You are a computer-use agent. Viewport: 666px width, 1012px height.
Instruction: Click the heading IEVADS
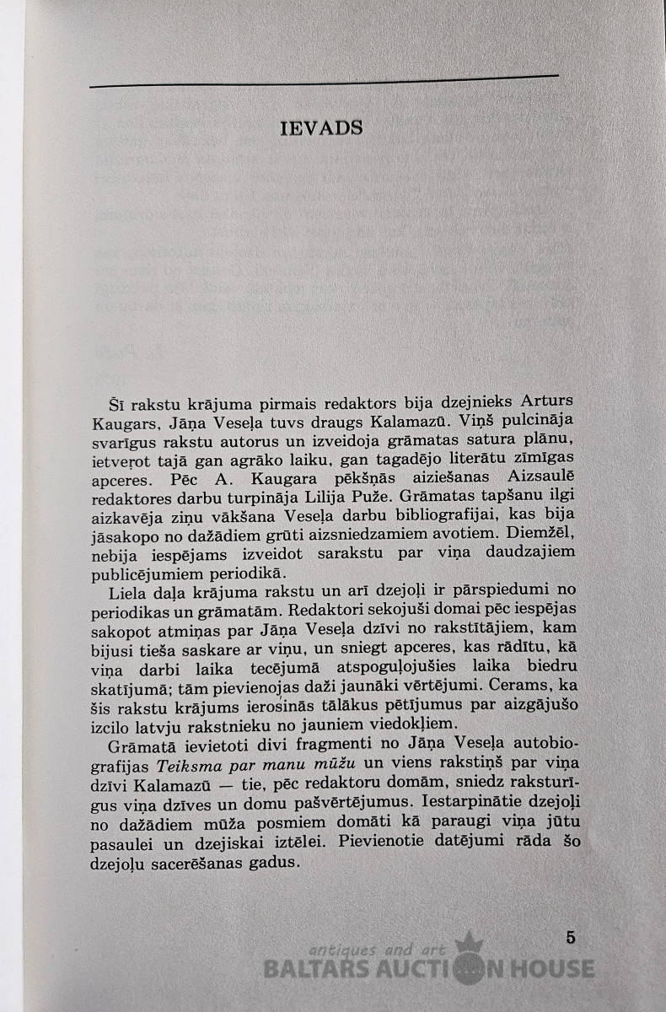[x=320, y=128]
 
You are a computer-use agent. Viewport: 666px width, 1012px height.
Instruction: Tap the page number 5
[x=571, y=936]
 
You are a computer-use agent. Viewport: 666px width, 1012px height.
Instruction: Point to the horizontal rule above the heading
[x=324, y=81]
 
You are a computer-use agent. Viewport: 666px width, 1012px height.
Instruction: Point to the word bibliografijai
[x=422, y=517]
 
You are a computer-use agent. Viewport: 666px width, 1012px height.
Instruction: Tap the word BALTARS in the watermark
[x=319, y=968]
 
